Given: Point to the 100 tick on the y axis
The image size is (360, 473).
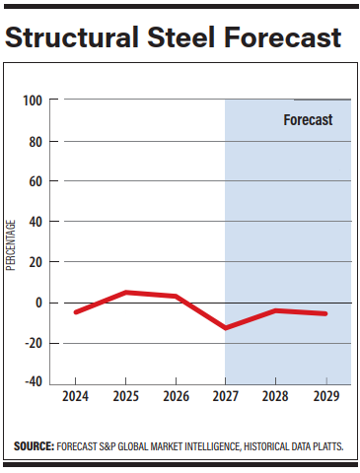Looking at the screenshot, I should pos(33,101).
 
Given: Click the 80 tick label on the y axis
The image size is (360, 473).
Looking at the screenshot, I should pos(36,141).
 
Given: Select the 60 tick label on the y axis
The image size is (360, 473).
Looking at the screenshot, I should pos(36,181).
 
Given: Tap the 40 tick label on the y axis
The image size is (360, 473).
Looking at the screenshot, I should pos(36,222).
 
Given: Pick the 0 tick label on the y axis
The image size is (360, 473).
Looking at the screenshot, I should pos(39,303).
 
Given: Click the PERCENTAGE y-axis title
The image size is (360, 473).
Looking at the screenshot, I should pos(12,242).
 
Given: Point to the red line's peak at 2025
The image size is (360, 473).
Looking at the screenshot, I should pos(125,293).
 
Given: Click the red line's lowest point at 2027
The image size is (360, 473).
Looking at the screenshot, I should pos(226,327).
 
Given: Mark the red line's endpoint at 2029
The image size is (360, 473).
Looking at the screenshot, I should pos(325,313).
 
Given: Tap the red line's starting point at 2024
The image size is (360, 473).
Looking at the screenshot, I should pos(76,311).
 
